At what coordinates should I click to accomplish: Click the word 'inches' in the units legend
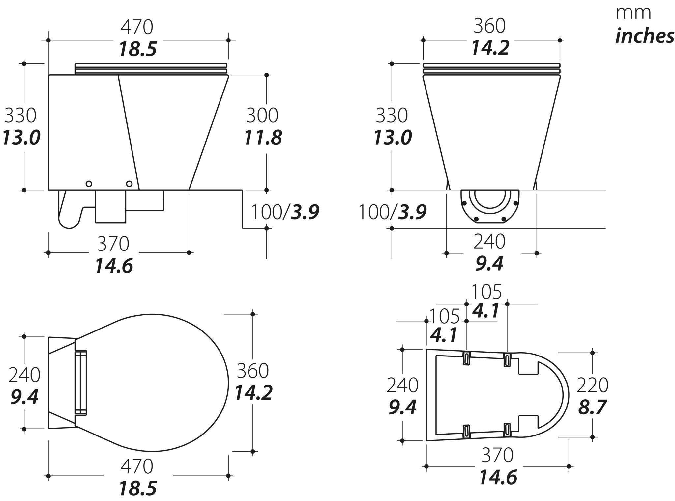click(644, 36)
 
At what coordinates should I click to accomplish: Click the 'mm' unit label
click(633, 13)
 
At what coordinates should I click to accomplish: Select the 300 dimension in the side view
click(262, 115)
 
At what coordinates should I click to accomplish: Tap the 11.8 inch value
click(263, 138)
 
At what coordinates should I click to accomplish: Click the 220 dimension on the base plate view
click(592, 385)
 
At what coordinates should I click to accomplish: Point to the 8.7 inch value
click(592, 407)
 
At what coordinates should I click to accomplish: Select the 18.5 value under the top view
click(137, 488)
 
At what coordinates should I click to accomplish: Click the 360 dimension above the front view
click(489, 26)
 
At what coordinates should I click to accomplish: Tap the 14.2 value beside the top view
click(253, 393)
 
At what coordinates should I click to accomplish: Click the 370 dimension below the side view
click(113, 244)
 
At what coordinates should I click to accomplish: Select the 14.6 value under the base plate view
click(498, 477)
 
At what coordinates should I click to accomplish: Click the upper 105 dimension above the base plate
click(486, 292)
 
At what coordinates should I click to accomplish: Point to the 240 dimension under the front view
click(489, 242)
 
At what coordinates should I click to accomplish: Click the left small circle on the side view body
click(89, 184)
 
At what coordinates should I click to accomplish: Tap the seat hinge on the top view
click(81, 382)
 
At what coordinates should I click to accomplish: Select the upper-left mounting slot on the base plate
click(466, 358)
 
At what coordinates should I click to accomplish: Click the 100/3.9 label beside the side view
click(285, 212)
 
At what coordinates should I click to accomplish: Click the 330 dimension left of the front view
click(392, 115)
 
